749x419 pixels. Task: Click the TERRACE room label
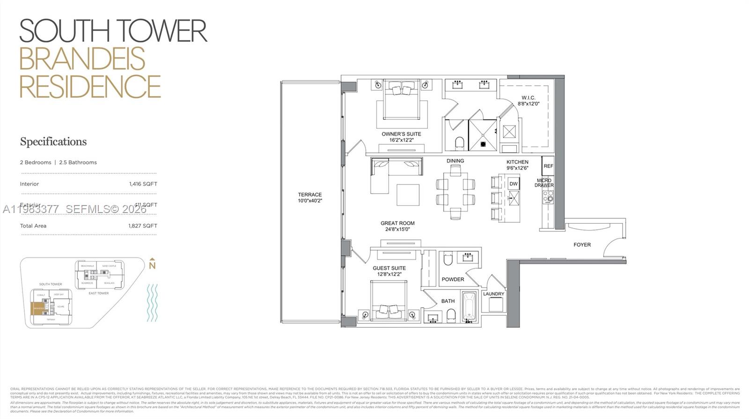(310, 195)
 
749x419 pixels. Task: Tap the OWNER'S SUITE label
(401, 134)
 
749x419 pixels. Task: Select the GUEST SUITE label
(389, 268)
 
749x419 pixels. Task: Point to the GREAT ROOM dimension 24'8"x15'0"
(397, 229)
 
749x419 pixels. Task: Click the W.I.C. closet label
(528, 98)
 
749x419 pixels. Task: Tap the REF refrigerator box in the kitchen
(548, 166)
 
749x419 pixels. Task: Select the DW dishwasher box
(514, 184)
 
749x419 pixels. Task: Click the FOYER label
(582, 245)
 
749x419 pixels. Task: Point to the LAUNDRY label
(493, 294)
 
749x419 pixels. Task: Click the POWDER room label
(453, 279)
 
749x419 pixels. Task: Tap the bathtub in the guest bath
(469, 307)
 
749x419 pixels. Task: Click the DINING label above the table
(455, 161)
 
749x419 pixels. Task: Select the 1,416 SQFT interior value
(143, 184)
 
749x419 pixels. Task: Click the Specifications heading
(53, 141)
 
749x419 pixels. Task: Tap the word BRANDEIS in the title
(82, 59)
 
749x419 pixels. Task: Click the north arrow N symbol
(152, 265)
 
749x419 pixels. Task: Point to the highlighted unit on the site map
(38, 309)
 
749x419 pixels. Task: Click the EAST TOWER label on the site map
(99, 294)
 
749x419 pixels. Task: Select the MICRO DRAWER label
(544, 183)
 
